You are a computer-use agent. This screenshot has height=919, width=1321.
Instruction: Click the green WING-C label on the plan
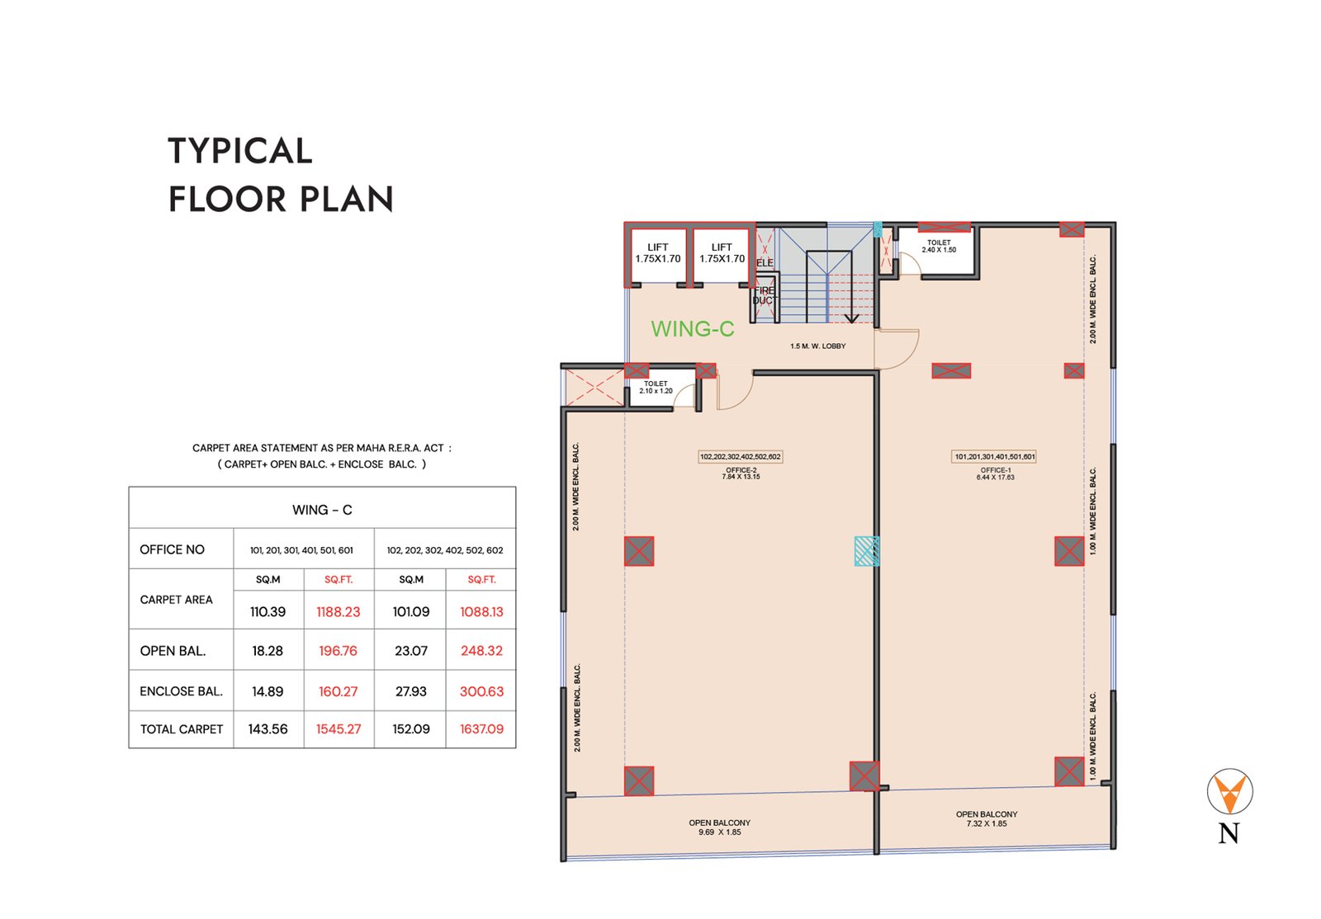[693, 328]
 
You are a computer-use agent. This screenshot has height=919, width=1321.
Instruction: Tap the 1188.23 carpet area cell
[339, 612]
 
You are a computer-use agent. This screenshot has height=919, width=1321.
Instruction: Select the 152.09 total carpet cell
[411, 729]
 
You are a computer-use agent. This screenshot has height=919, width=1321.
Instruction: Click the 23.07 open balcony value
[411, 651]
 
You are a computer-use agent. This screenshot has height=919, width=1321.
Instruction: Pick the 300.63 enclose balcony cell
[482, 691]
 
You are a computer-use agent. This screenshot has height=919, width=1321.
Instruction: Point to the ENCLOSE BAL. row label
[181, 691]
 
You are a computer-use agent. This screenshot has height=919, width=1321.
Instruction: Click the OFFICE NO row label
[173, 549]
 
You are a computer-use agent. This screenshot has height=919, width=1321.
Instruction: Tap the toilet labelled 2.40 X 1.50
[939, 246]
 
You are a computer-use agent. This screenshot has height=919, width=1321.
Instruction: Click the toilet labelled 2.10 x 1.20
[656, 387]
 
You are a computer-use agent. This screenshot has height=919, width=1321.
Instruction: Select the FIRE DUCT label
[765, 295]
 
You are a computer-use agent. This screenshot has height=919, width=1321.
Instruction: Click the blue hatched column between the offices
[867, 551]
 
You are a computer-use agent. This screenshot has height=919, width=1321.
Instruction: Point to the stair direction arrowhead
[851, 318]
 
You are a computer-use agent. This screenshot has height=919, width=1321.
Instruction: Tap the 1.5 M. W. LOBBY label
[818, 346]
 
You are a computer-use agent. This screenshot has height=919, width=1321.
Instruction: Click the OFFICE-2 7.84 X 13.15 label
[741, 474]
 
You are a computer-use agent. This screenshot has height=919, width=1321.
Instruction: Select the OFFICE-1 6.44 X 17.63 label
[996, 474]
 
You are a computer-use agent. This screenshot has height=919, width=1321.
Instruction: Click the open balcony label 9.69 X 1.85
[719, 827]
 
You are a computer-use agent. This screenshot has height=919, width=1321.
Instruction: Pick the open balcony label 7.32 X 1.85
[987, 819]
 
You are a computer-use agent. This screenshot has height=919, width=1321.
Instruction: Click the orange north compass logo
[1229, 791]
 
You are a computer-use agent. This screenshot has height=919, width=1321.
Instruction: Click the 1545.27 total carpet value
[339, 729]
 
